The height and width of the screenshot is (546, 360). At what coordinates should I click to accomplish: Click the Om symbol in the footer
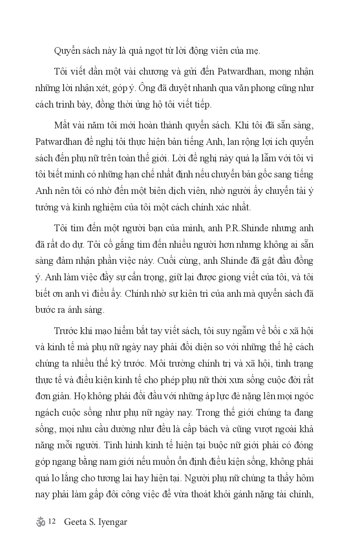[x=40, y=522]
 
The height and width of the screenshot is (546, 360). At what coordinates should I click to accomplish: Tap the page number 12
[x=53, y=522]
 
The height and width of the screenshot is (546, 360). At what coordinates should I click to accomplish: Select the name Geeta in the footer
[x=75, y=522]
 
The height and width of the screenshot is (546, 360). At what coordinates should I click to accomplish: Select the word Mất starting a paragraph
[x=63, y=125]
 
